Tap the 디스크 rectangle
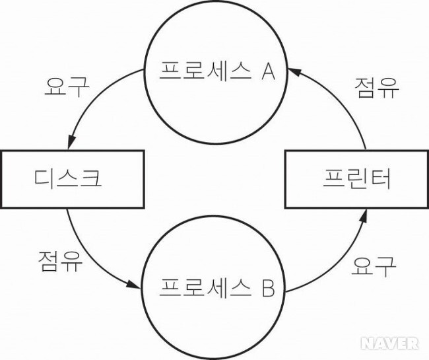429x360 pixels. [x=71, y=178]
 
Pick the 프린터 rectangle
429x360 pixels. [x=357, y=178]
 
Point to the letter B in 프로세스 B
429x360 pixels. [x=267, y=288]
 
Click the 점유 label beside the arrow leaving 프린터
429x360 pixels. [x=376, y=88]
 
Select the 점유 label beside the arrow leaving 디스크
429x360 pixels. [x=61, y=262]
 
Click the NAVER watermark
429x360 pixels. [x=389, y=342]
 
